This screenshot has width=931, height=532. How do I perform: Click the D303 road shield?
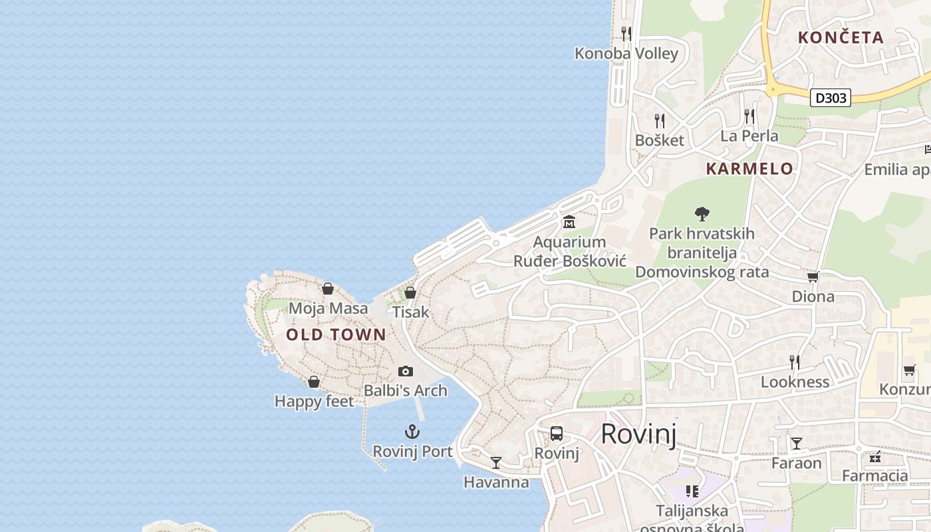click(831, 98)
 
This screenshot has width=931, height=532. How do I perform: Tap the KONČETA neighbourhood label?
click(841, 38)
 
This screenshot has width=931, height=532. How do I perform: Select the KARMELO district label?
click(749, 169)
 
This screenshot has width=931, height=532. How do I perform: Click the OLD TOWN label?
click(336, 334)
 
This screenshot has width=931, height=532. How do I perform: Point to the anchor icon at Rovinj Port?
click(412, 432)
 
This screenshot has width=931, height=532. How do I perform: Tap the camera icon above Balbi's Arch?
click(405, 371)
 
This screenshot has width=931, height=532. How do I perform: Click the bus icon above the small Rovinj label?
click(557, 434)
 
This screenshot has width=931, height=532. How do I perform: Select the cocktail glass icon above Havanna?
click(495, 462)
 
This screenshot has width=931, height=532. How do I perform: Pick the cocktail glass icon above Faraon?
click(796, 443)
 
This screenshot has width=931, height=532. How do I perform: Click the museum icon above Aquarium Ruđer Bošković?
click(569, 221)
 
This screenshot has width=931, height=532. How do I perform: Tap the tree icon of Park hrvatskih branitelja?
click(702, 213)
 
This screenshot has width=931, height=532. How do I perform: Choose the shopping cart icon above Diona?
click(813, 277)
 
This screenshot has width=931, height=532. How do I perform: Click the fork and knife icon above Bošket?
click(659, 120)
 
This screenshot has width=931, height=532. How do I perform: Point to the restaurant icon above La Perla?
click(749, 116)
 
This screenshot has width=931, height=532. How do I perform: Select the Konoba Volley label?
click(626, 54)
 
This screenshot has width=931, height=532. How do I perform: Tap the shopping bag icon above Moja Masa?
click(327, 289)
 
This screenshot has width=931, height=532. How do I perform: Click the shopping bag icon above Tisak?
click(410, 292)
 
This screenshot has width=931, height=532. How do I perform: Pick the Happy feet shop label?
click(314, 402)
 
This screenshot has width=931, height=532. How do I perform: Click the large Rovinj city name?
click(638, 434)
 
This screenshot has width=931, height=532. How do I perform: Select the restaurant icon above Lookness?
click(795, 362)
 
